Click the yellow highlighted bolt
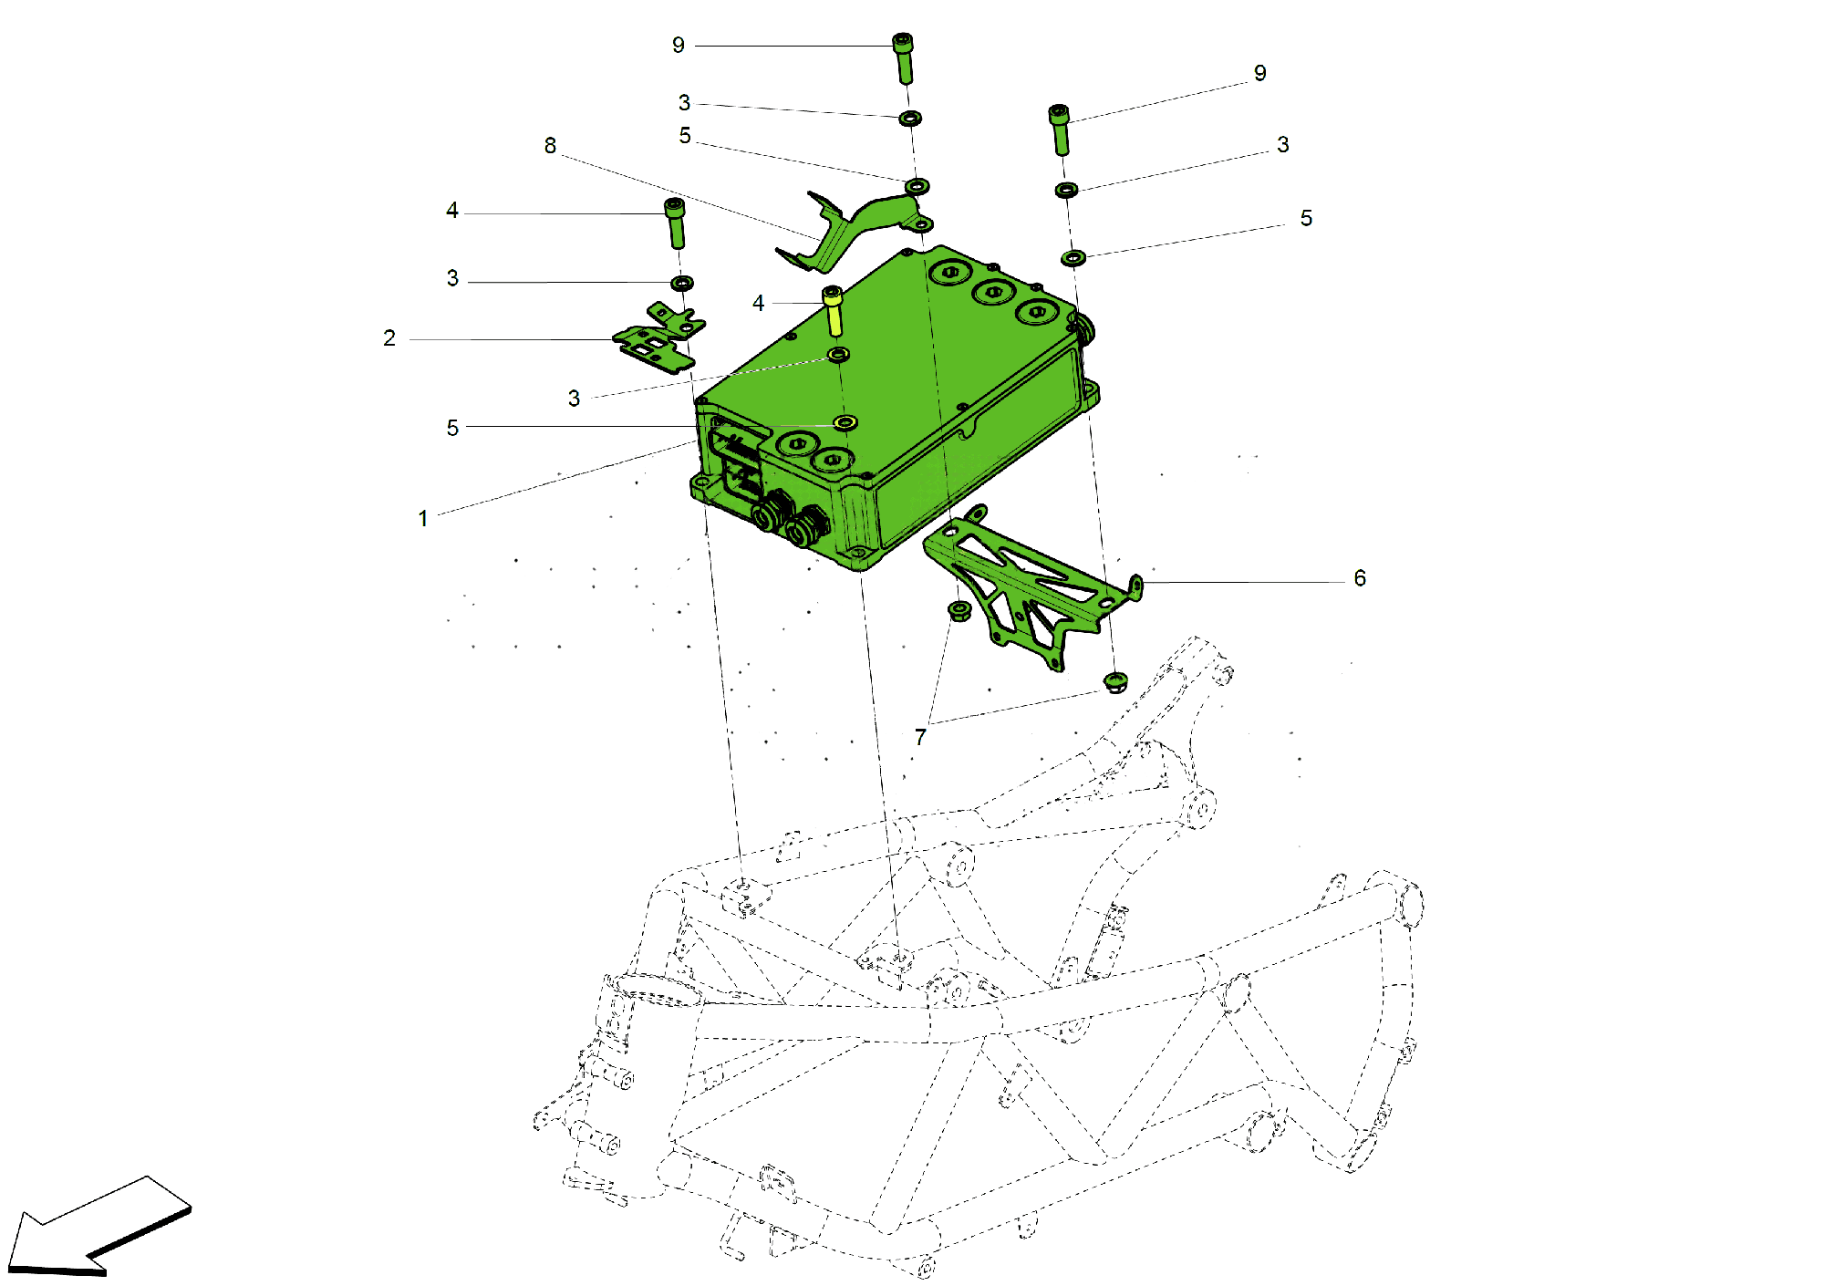click(833, 310)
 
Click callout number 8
click(550, 146)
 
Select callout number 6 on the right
click(1359, 578)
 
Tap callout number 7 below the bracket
click(920, 737)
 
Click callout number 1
click(423, 519)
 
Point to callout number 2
click(389, 338)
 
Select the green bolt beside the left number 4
click(675, 223)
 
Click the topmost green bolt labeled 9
click(903, 57)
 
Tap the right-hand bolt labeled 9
click(1060, 129)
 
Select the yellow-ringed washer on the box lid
click(845, 422)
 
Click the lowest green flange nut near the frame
click(1115, 680)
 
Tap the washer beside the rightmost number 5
click(1073, 258)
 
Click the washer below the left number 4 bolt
click(681, 283)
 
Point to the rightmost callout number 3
click(1282, 145)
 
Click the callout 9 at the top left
click(678, 46)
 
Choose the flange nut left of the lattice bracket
click(959, 610)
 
